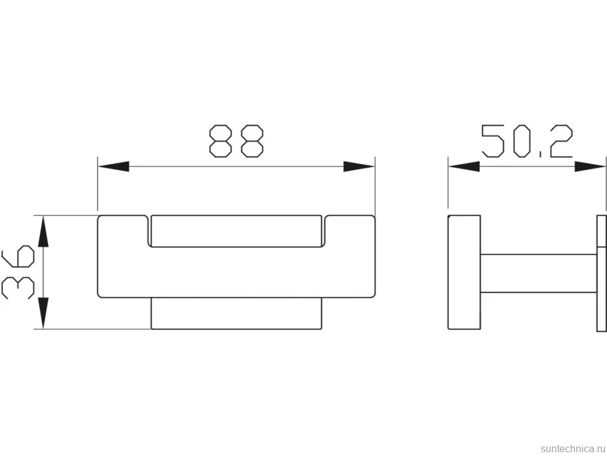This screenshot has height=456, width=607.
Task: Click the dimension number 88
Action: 236,141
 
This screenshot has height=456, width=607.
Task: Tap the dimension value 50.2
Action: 527,141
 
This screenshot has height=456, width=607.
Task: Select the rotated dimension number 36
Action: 18,272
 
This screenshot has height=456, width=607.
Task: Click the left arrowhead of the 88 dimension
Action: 113,167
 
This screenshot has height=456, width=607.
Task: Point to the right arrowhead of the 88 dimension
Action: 359,167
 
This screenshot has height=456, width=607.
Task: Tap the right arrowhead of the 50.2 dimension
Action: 589,167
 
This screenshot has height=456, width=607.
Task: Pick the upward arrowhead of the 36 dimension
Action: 43,231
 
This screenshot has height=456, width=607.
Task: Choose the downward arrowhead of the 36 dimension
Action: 43,313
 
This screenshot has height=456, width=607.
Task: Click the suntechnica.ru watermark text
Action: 573,448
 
